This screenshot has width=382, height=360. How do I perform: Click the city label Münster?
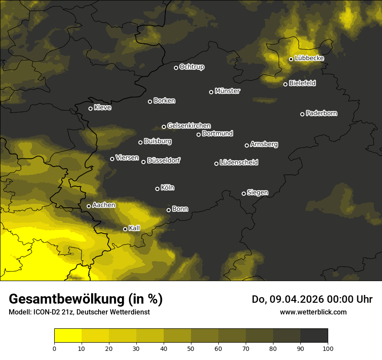coord(227,91)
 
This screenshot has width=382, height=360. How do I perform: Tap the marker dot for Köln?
coord(157,189)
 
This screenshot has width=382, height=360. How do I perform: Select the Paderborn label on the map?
coord(322,113)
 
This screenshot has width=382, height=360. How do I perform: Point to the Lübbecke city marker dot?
coord(291,59)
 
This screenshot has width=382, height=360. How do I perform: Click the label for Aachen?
coord(104,205)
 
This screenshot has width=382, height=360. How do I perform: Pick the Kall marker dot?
coord(125,229)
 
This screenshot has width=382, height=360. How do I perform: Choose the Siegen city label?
coord(257,193)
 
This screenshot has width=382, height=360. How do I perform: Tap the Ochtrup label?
coord(192,67)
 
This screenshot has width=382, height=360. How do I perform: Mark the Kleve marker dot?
coord(90,108)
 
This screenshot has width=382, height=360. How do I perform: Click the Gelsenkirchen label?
coord(189,126)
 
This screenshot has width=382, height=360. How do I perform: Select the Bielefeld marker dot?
coord(285,84)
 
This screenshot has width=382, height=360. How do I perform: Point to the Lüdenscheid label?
coord(239,163)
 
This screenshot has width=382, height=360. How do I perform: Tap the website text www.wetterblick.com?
coord(313,312)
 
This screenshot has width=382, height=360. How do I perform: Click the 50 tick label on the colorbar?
coord(191,348)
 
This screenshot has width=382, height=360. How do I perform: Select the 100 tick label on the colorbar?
coord(328,348)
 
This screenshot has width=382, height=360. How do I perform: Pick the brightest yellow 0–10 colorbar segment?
coord(68,335)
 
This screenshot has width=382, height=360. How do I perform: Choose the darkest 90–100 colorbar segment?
coord(314,335)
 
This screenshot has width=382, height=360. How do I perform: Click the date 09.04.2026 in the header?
coord(293,299)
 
